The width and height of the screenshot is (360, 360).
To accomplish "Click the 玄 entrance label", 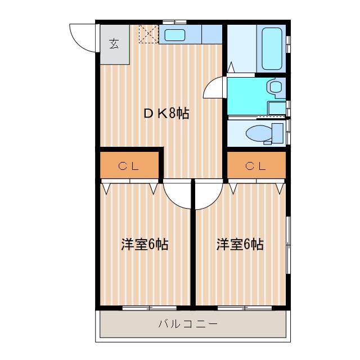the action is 114,44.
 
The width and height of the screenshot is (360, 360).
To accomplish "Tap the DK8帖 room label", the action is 166,114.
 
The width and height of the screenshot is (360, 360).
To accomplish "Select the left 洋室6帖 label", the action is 145,244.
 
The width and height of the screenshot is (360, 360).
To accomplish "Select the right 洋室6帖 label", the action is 240,244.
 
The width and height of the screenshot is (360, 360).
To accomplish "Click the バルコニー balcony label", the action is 188,324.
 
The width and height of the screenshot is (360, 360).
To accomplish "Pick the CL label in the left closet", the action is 129,166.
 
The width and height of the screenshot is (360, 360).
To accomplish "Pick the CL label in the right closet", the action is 255,166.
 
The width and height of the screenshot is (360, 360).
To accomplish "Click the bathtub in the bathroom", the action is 272,49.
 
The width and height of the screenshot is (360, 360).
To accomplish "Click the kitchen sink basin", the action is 175,35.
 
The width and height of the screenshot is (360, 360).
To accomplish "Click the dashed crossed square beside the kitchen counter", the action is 148,34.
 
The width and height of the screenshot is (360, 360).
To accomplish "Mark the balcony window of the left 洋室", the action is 149,308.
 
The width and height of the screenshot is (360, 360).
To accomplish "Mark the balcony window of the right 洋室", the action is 245,308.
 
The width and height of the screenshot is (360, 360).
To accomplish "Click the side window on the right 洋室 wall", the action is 289,245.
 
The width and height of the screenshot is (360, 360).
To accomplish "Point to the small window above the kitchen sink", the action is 174,22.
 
